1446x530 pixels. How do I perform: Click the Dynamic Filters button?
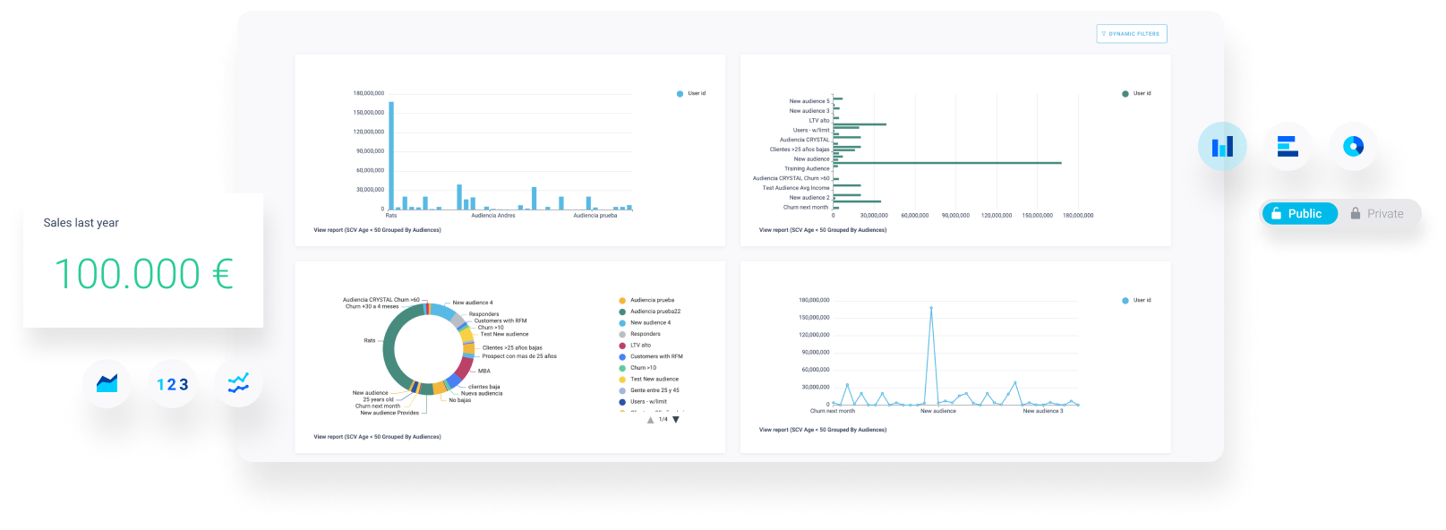coord(1131,34)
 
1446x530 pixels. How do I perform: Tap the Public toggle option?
coord(1298,214)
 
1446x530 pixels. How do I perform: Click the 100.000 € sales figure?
coord(143,274)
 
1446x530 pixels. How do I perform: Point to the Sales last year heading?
coord(81,223)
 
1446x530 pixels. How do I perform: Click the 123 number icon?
coord(172,384)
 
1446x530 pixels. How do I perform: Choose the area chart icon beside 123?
coord(107,384)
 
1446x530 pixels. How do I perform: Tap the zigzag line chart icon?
coord(238,384)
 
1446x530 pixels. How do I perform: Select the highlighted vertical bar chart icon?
coord(1222,146)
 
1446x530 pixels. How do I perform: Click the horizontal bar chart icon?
coord(1288,146)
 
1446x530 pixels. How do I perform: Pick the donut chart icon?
coord(1353,146)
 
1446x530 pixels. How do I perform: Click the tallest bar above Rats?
coord(391,152)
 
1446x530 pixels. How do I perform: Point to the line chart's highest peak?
coord(931,309)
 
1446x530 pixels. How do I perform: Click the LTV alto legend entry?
coord(640,346)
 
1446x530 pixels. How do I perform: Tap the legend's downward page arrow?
coord(676,420)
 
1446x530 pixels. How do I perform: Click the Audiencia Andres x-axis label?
coord(493,216)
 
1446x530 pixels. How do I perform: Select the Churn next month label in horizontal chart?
coord(806,208)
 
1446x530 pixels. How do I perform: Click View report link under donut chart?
coord(377,437)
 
